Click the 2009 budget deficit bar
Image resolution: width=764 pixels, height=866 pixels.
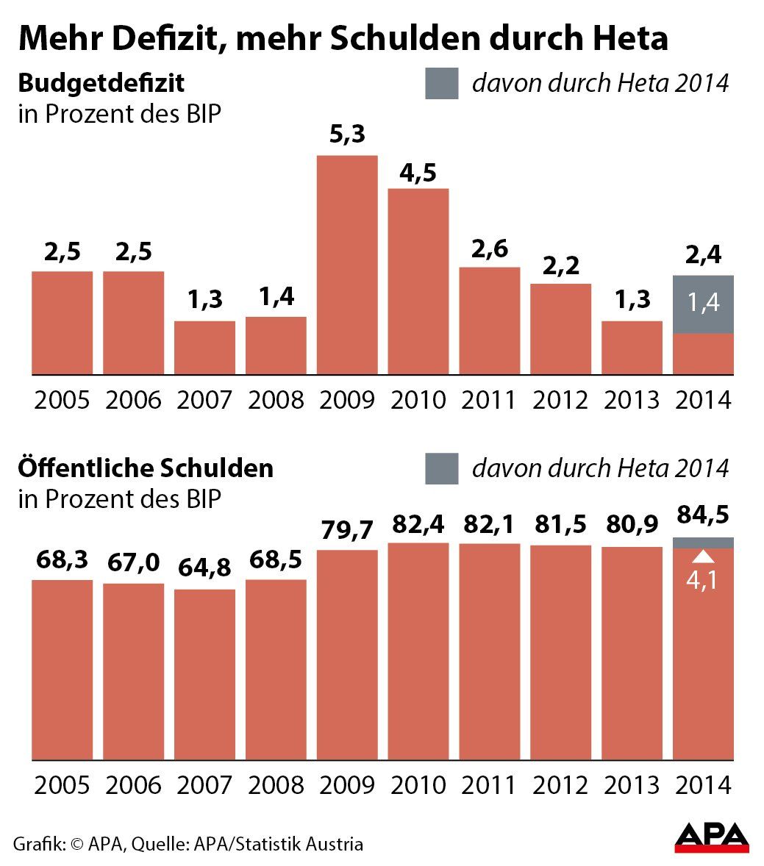click(x=347, y=265)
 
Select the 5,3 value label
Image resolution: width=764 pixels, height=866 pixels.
click(x=347, y=136)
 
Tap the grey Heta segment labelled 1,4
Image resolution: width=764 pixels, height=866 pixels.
click(x=703, y=304)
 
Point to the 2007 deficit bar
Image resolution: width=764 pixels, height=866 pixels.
click(x=204, y=347)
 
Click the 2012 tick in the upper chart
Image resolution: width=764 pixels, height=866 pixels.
click(x=560, y=400)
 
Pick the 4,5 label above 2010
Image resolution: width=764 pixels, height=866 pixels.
click(x=418, y=173)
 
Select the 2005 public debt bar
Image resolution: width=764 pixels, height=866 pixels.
click(x=63, y=669)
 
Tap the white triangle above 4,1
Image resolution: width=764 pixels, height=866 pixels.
click(x=703, y=557)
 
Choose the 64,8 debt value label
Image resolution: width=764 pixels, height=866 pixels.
click(x=204, y=568)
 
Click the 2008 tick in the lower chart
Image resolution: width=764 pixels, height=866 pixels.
click(x=276, y=784)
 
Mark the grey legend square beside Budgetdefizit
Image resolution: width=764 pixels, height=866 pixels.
click(x=441, y=83)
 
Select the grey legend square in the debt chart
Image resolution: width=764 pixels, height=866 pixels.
click(x=441, y=468)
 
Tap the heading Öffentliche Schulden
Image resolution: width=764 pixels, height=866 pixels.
click(x=146, y=468)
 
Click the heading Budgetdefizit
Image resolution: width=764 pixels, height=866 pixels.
click(x=101, y=82)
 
